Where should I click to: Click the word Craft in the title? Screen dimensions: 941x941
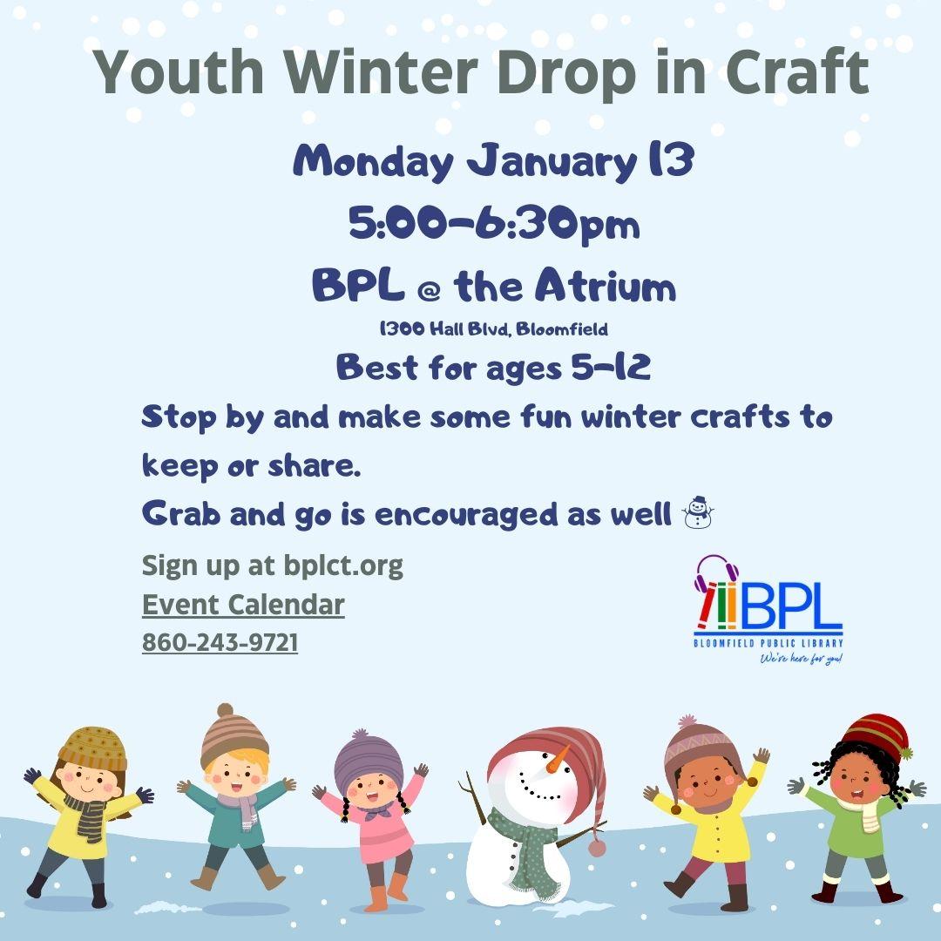click(x=797, y=72)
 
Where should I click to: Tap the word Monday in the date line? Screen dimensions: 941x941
click(x=373, y=161)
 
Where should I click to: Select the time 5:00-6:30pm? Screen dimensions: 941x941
click(x=494, y=225)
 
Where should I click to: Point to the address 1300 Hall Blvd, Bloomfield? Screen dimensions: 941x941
click(x=493, y=328)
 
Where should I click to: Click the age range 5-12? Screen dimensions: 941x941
click(x=610, y=367)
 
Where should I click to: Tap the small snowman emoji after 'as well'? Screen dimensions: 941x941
click(x=697, y=512)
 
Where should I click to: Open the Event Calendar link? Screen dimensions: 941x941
click(x=243, y=605)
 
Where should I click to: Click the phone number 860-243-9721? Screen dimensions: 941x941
click(x=220, y=642)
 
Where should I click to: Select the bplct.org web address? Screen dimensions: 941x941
click(x=343, y=566)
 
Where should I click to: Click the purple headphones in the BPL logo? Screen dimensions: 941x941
click(x=715, y=572)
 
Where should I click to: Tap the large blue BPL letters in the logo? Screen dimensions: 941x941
click(x=791, y=606)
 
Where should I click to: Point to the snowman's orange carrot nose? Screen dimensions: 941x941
click(x=558, y=760)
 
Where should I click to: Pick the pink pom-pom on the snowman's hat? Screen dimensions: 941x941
click(x=597, y=848)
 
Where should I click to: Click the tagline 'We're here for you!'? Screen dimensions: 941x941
click(x=802, y=659)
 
